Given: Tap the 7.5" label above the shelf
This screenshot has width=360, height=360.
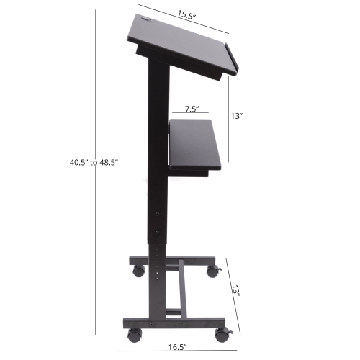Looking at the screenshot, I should point(192,109).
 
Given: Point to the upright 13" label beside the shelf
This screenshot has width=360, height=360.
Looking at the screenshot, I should point(236,115).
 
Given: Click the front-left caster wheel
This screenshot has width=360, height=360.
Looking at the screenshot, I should point(134,336).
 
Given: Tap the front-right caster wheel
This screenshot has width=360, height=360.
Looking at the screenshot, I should point(222,335).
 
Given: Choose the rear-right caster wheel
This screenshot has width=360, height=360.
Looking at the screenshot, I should point(212,271).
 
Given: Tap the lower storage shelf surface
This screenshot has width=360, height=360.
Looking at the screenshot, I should point(194,143).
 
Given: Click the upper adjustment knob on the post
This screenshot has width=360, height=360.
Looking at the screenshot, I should point(159,214).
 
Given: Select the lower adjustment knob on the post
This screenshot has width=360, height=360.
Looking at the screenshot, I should point(159,233).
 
